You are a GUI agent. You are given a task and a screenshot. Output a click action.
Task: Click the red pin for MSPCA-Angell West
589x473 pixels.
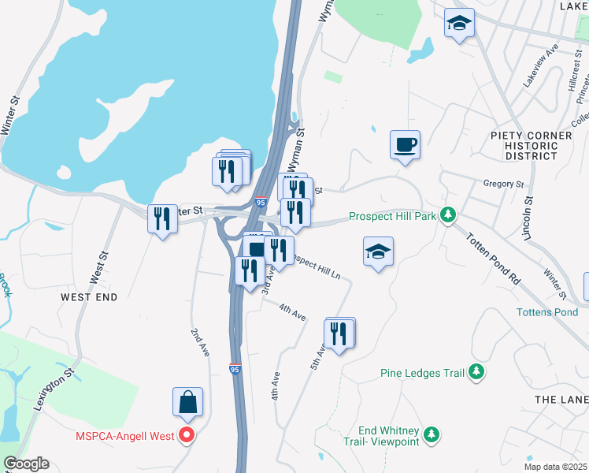187,434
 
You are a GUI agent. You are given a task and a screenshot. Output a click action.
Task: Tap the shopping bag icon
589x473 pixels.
188,403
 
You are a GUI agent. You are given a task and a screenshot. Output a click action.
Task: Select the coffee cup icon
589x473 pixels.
405,145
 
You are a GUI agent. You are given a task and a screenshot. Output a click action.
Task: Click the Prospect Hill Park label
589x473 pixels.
392,215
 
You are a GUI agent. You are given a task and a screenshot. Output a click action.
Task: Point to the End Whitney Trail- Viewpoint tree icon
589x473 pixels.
431,434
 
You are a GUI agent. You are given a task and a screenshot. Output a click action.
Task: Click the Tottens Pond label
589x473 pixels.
547,312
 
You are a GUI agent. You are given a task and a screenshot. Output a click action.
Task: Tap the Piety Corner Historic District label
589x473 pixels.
531,146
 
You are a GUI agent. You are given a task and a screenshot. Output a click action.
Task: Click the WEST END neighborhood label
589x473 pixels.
89,297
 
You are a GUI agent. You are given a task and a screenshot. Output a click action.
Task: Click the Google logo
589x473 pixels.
26,464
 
